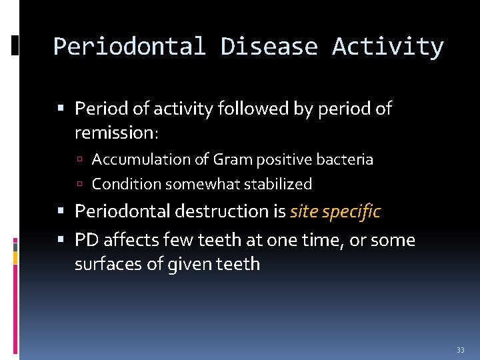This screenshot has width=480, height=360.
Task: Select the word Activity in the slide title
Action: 387,47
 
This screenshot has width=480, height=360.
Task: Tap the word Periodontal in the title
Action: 129,47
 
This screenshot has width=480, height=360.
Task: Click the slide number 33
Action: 460,350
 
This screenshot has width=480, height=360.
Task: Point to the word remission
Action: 115,133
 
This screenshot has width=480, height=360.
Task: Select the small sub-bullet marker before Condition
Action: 80,184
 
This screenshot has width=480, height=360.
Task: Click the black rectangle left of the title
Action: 15,46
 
